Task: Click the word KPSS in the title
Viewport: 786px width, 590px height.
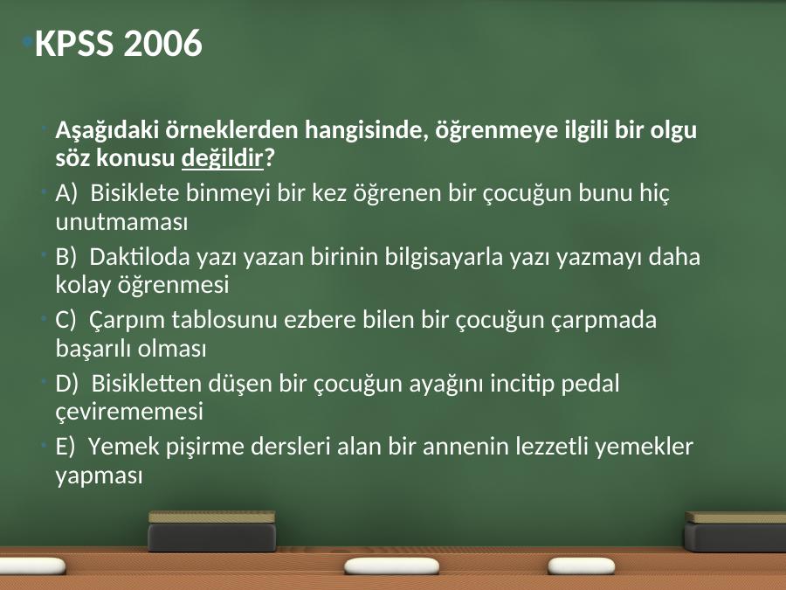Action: (x=74, y=43)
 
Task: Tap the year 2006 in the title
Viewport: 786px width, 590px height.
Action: (x=162, y=43)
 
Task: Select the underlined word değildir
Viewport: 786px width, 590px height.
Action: (x=222, y=158)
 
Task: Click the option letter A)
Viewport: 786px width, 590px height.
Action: (x=66, y=193)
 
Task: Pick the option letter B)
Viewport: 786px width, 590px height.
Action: (x=66, y=257)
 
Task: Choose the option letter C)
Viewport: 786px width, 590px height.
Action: (x=65, y=320)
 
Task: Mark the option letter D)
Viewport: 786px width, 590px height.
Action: (x=67, y=384)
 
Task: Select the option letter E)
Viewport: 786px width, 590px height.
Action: (x=65, y=447)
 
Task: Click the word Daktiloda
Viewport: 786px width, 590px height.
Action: (x=140, y=257)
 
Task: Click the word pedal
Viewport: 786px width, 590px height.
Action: (x=590, y=385)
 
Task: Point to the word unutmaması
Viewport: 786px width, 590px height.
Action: (x=121, y=222)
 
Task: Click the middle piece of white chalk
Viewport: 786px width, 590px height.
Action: (x=391, y=566)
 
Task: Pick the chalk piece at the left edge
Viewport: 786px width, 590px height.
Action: (x=32, y=566)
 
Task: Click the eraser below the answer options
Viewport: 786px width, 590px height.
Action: (x=212, y=531)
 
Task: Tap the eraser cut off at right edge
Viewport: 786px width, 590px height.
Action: (x=734, y=532)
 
